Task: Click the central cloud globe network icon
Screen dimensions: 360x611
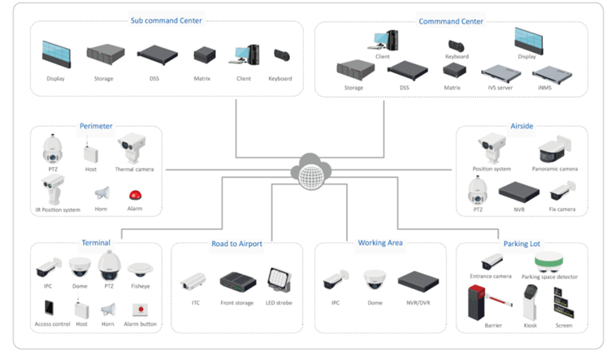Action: pos(310,171)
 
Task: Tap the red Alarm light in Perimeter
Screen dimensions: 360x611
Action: pos(135,195)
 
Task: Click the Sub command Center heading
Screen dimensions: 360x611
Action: pos(167,20)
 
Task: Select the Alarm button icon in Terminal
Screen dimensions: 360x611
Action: pos(141,309)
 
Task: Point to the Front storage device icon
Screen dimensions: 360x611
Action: pos(237,283)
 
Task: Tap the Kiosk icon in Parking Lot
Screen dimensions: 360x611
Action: pos(530,306)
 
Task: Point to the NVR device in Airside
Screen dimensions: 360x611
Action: pos(518,192)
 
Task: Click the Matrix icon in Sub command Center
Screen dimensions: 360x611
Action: pos(204,56)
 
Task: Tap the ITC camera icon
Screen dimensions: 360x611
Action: pos(193,281)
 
